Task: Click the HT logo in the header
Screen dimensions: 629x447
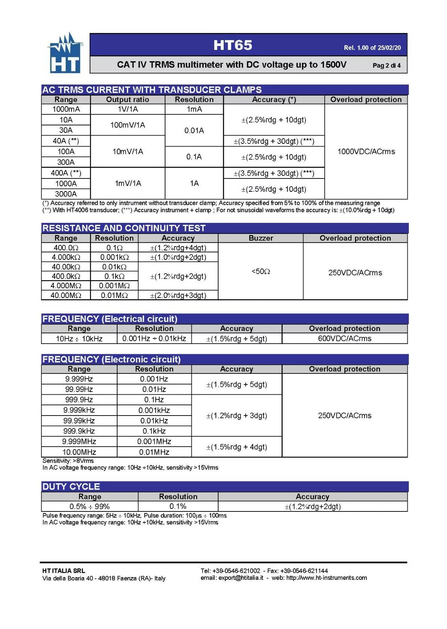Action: tap(65, 53)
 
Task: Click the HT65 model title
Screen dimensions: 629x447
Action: tap(232, 45)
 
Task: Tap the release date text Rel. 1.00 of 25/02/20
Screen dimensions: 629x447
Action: tap(372, 48)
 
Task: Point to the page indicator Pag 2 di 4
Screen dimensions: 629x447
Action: tap(386, 66)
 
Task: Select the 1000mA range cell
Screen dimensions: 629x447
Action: tap(66, 109)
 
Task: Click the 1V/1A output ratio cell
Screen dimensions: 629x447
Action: tap(128, 109)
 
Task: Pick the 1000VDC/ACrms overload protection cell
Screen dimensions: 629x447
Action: tap(366, 151)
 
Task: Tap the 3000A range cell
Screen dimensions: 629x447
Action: tap(66, 194)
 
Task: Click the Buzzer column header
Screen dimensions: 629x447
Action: tap(261, 238)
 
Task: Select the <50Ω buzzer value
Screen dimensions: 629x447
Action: tap(261, 271)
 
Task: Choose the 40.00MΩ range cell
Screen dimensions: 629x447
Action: tap(66, 295)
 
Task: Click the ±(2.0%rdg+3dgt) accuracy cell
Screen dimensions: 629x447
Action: tap(178, 295)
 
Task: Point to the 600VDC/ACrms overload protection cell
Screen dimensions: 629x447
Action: tap(344, 338)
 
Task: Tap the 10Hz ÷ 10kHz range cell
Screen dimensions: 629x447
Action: tap(79, 338)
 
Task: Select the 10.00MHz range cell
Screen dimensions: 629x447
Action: tap(79, 452)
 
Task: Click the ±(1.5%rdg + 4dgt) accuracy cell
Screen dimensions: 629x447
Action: tap(237, 447)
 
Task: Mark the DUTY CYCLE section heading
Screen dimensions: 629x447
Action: tap(71, 487)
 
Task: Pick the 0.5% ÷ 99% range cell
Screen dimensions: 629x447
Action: tap(90, 506)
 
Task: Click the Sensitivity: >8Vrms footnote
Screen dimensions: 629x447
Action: tap(68, 461)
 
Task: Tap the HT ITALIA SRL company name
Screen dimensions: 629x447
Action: tap(64, 571)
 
